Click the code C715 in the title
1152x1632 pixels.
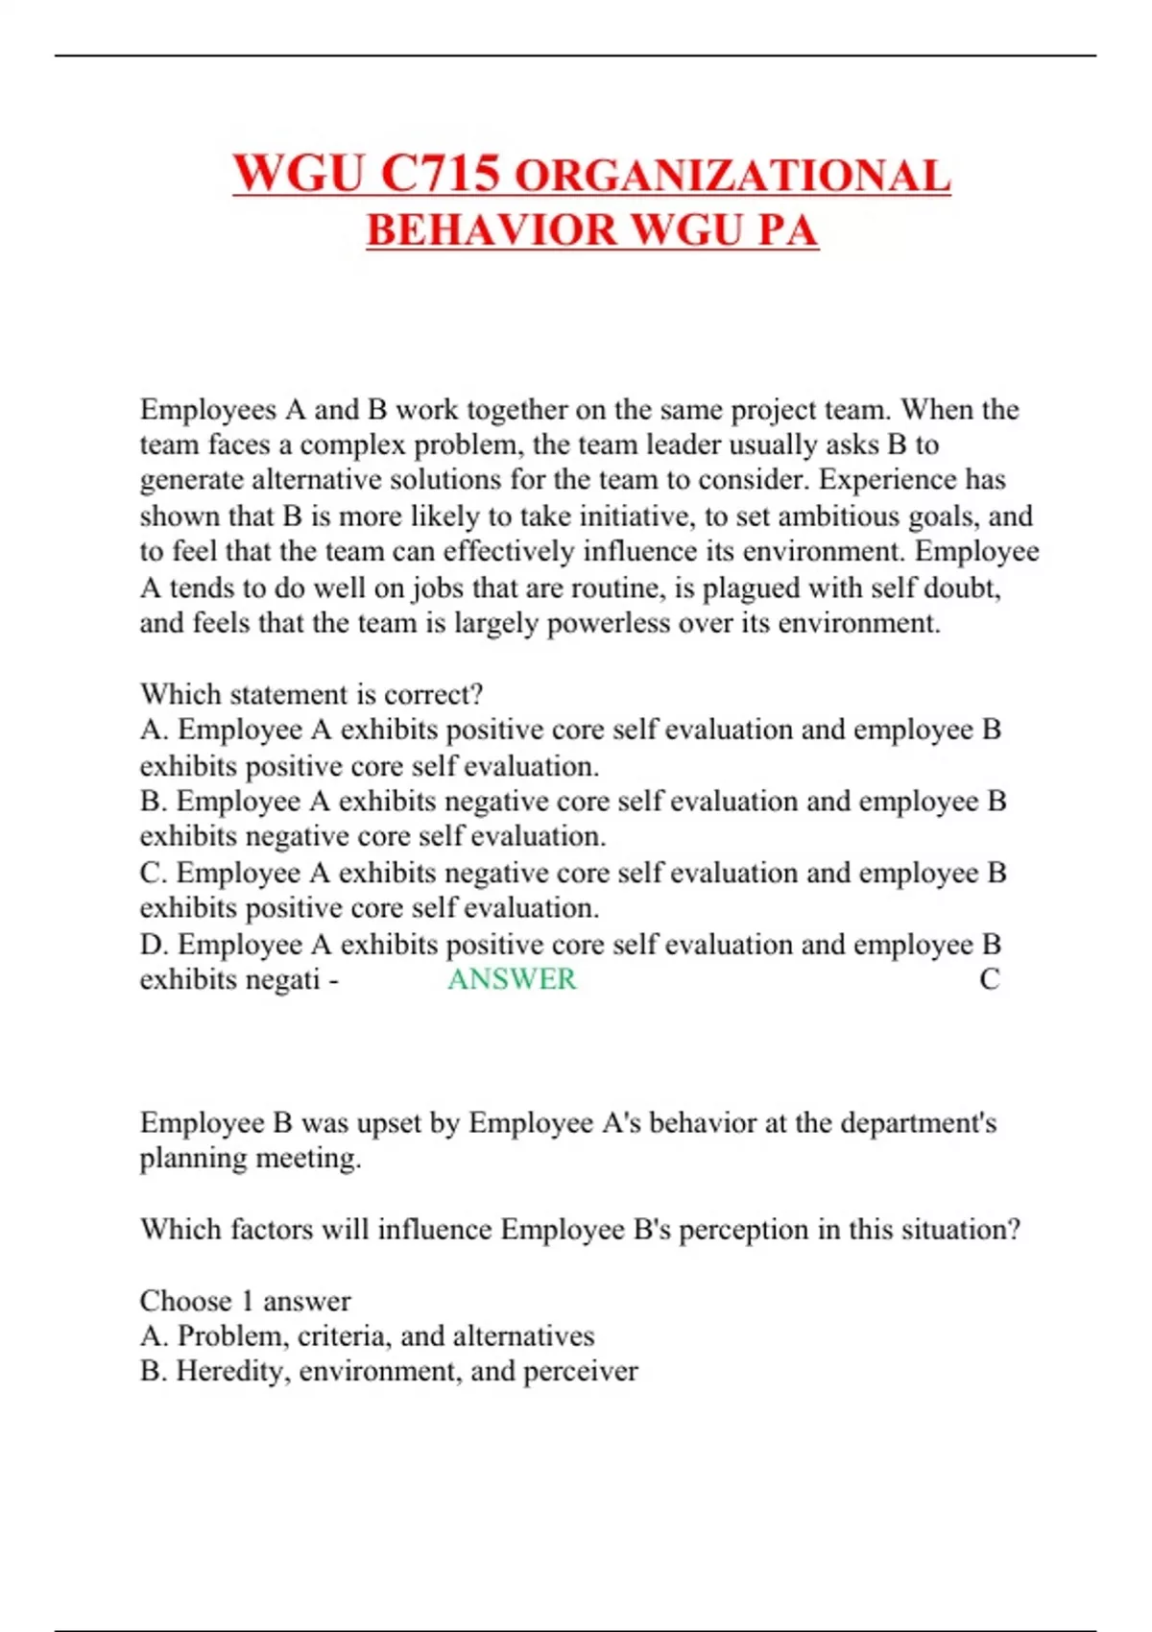(441, 174)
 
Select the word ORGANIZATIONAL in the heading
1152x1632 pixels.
(732, 177)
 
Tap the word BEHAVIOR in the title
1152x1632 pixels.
(492, 230)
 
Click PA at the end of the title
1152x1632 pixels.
(787, 230)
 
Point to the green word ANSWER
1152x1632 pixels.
(512, 979)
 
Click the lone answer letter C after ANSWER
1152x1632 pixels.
(989, 979)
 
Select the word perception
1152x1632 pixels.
(744, 1230)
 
